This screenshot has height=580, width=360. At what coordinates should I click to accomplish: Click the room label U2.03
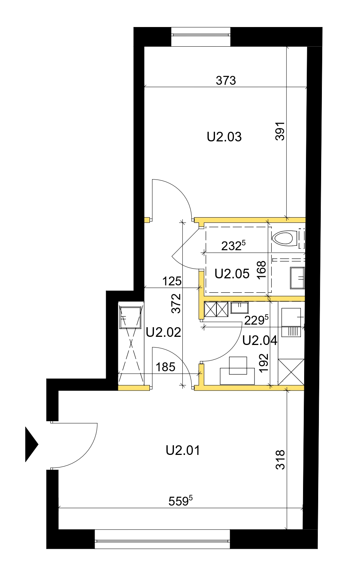click(224, 137)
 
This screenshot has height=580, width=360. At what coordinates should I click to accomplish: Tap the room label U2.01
click(183, 450)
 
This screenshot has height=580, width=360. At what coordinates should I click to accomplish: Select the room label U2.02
click(163, 332)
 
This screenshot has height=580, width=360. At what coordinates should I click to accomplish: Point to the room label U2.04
click(260, 341)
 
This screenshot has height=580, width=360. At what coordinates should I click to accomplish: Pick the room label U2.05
click(232, 274)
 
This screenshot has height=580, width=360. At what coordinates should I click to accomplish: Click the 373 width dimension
click(226, 81)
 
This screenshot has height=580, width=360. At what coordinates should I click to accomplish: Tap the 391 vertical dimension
click(280, 131)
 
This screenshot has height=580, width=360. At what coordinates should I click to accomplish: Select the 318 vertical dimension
click(280, 460)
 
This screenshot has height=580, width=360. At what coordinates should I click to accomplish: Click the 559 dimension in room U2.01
click(181, 501)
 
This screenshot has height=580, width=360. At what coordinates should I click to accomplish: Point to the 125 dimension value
click(172, 281)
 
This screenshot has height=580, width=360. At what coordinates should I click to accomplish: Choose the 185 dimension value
click(165, 367)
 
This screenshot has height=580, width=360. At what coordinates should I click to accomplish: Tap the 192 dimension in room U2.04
click(264, 363)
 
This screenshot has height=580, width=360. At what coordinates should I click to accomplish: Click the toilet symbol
click(284, 238)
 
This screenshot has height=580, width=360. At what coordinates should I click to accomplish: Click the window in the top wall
click(201, 37)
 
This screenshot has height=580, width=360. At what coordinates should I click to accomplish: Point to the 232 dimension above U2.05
click(233, 245)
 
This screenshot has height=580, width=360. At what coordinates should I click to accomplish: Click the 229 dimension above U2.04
click(256, 320)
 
